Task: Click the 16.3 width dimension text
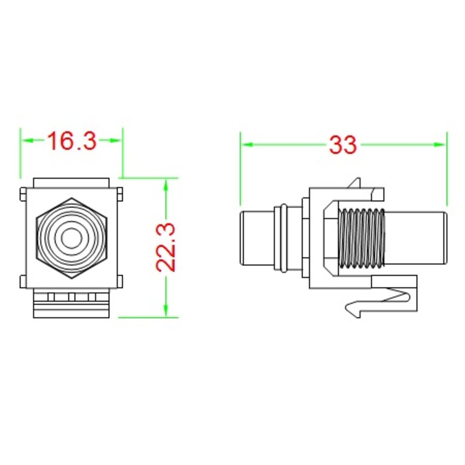[x=72, y=140]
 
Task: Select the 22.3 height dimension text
[x=166, y=248]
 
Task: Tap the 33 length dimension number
[x=343, y=145]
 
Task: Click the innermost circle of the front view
[x=71, y=238]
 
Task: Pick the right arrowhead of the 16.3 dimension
[x=116, y=140]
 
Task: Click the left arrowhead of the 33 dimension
[x=247, y=145]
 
